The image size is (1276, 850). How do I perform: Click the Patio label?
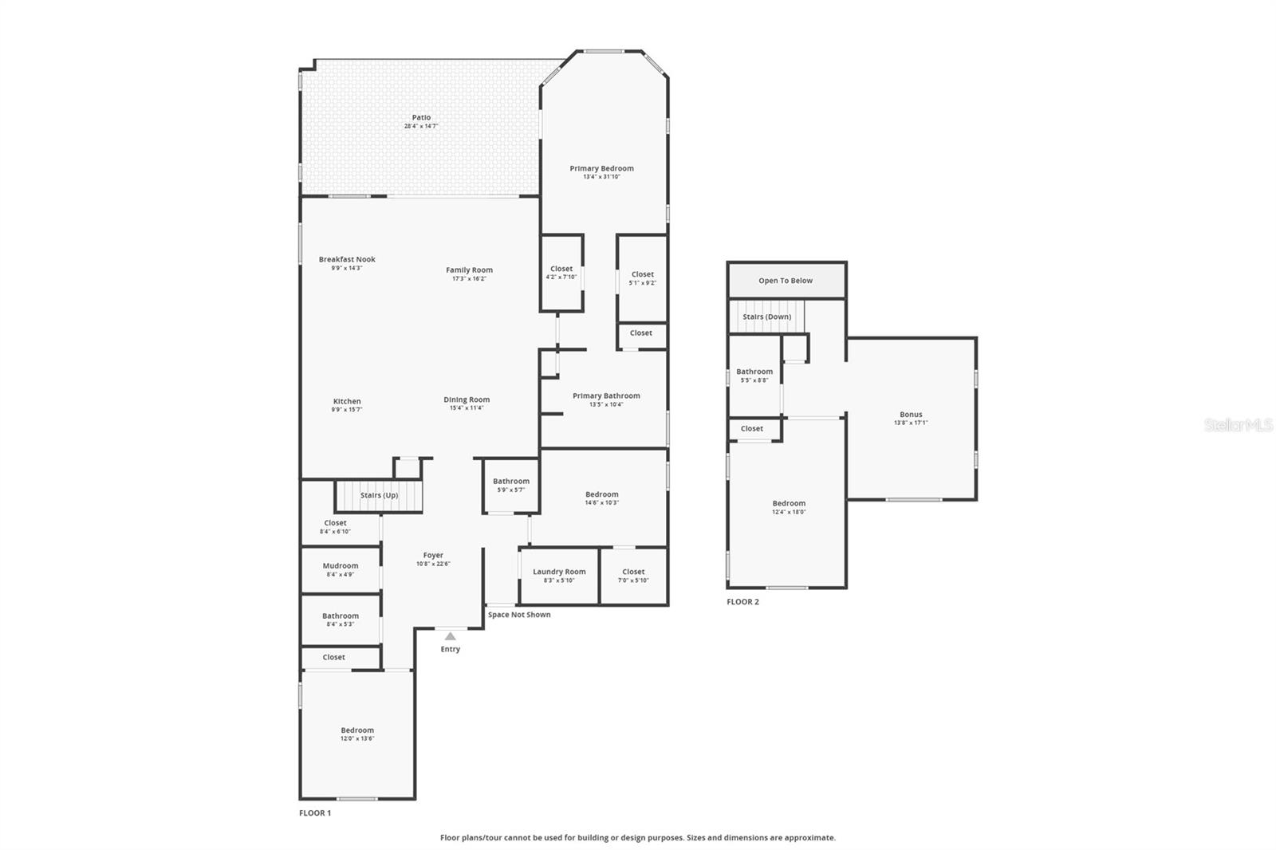pyautogui.click(x=421, y=118)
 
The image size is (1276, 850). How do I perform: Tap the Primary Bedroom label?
pyautogui.click(x=601, y=168)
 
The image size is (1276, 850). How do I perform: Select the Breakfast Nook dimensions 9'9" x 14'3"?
pyautogui.click(x=347, y=268)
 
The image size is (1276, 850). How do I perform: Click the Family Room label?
pyautogui.click(x=469, y=270)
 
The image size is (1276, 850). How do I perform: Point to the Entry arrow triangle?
pyautogui.click(x=450, y=636)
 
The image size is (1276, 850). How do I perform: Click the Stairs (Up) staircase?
pyautogui.click(x=378, y=496)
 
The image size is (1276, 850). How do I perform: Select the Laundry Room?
pyautogui.click(x=559, y=575)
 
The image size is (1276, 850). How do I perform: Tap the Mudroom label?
pyautogui.click(x=341, y=566)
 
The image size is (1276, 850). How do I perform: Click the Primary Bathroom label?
pyautogui.click(x=606, y=395)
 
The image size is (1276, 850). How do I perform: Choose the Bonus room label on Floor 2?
pyautogui.click(x=911, y=415)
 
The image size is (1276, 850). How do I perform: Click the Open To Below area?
pyautogui.click(x=786, y=281)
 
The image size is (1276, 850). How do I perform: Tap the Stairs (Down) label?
pyautogui.click(x=767, y=317)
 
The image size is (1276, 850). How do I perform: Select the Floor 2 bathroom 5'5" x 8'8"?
pyautogui.click(x=754, y=376)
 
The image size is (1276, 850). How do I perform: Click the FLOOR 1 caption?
pyautogui.click(x=315, y=813)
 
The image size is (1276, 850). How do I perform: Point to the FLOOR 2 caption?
pyautogui.click(x=742, y=602)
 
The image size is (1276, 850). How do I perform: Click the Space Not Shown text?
pyautogui.click(x=519, y=615)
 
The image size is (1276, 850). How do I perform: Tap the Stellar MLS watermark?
pyautogui.click(x=1238, y=425)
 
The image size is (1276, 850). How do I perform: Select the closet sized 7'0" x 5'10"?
pyautogui.click(x=633, y=576)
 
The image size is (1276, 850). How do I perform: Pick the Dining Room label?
pyautogui.click(x=467, y=399)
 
